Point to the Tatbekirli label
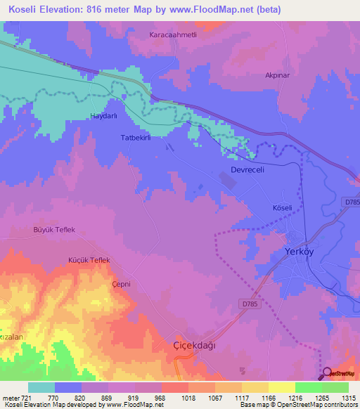pos(136,138)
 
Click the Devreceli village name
pos(250,171)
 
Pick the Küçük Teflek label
pos(89,260)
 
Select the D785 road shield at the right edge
pos(352,202)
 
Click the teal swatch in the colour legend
pos(41,387)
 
